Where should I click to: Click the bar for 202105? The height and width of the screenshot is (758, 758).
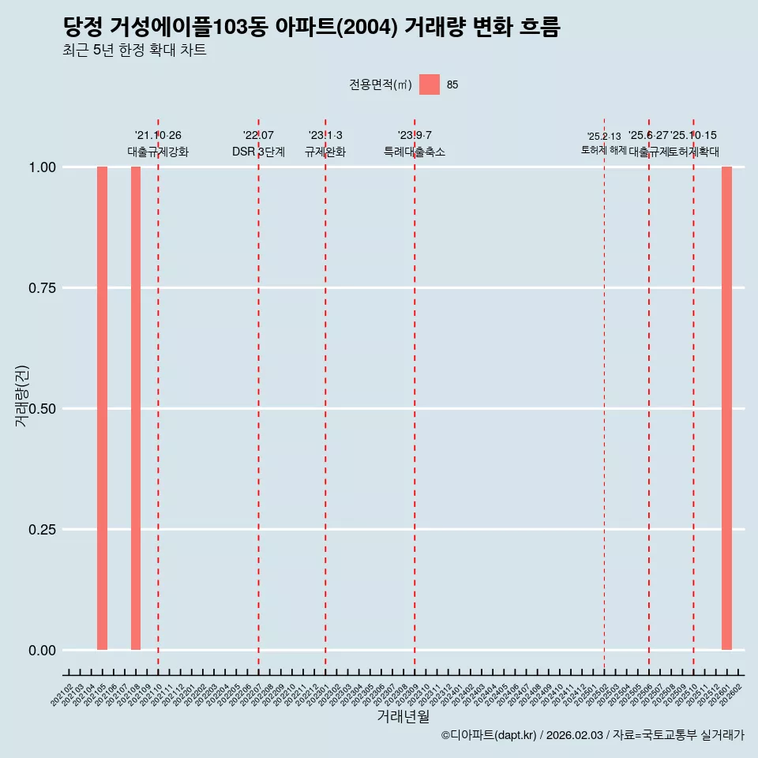pos(102,408)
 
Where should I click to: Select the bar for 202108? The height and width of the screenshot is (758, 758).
pos(136,408)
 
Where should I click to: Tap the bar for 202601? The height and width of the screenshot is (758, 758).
pos(726,408)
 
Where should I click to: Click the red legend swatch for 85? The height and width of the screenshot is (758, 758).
pos(429,84)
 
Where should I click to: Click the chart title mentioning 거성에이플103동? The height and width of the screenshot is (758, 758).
pos(311,28)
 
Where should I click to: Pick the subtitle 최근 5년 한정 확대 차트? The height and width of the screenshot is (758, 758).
pos(134,51)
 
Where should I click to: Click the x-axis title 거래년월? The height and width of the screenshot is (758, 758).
pos(403,717)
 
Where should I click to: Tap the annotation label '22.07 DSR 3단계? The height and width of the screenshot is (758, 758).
pos(258,144)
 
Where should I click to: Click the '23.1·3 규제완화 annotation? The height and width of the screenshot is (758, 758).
pos(325,144)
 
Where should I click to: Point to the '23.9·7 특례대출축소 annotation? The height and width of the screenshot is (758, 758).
pos(415,144)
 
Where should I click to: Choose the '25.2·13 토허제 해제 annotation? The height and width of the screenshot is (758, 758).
pos(604,144)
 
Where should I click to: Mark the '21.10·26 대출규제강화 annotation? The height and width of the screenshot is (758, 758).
pos(158,144)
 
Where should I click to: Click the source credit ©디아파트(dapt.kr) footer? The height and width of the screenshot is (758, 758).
pos(592,735)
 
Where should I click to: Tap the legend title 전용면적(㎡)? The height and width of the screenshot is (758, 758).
pos(381,85)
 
